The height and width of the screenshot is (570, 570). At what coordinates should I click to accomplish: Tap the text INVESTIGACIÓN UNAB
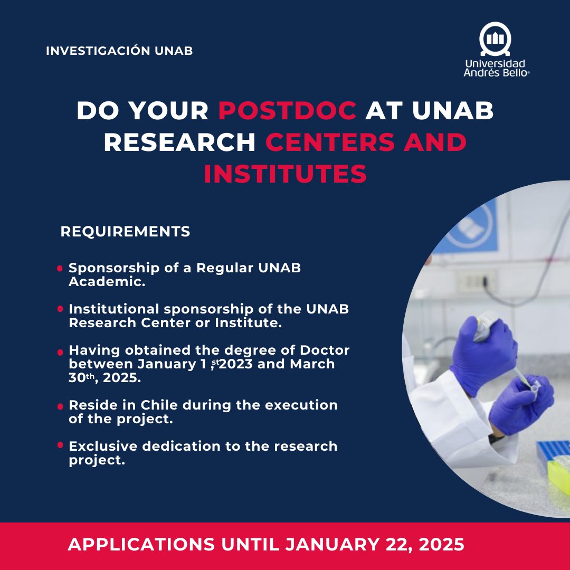click(x=119, y=51)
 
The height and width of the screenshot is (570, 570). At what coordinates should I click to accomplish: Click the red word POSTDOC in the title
click(x=288, y=110)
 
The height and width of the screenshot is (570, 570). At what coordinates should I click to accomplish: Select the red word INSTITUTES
click(x=285, y=174)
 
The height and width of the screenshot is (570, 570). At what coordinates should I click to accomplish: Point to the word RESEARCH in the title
click(x=179, y=142)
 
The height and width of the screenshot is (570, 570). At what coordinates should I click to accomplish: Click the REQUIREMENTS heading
click(x=126, y=232)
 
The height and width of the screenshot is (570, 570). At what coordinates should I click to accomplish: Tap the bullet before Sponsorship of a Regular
click(x=60, y=269)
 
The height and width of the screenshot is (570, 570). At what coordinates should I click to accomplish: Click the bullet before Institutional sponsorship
click(x=60, y=309)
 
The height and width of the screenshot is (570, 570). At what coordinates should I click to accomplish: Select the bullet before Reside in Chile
click(x=60, y=406)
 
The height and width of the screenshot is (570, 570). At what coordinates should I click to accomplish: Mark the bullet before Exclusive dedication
click(x=60, y=446)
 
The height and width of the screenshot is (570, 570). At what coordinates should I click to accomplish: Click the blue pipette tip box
click(x=553, y=449)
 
